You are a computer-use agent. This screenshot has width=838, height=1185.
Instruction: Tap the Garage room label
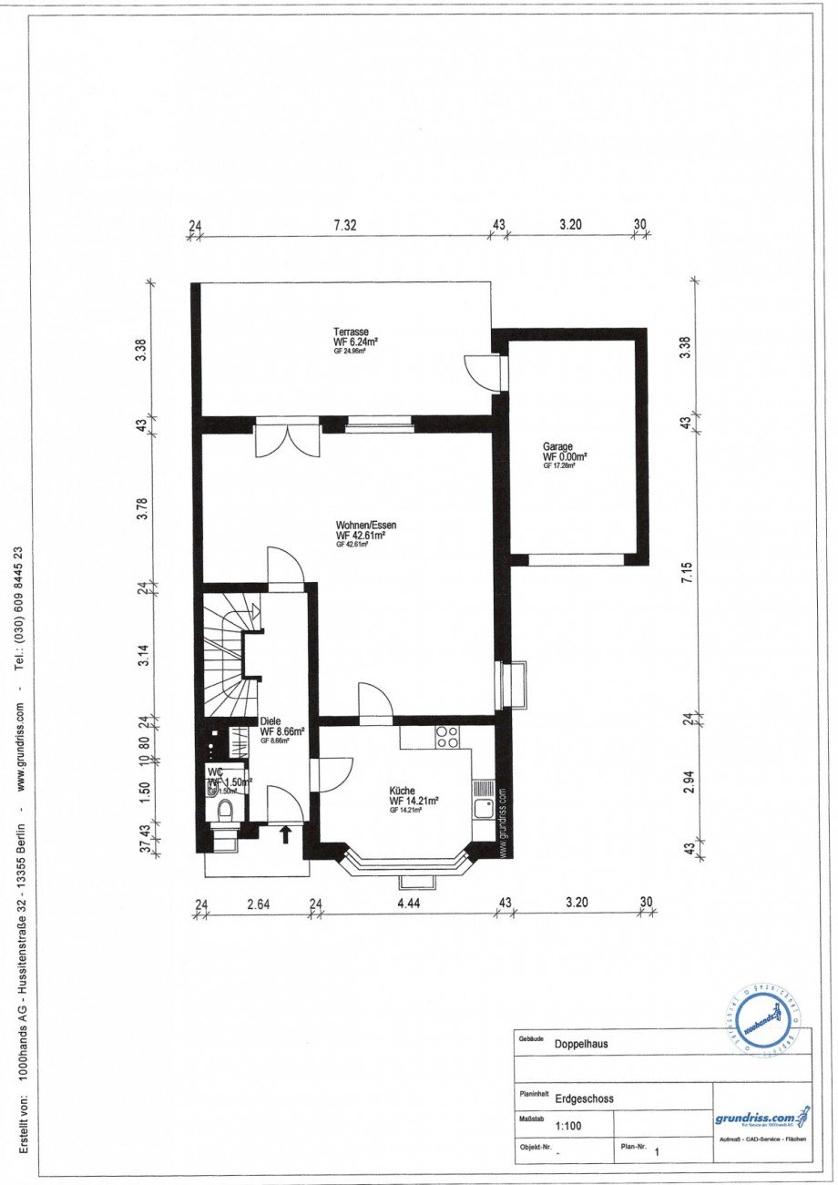(557, 447)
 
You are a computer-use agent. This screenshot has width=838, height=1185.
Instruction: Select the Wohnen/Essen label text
(366, 526)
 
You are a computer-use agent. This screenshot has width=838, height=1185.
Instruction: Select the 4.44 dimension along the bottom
(407, 904)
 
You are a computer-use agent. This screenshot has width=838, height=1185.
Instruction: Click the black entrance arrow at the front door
(285, 833)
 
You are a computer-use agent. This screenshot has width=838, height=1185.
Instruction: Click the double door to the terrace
(288, 440)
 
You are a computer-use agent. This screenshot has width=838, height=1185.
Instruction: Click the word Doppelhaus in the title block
(581, 1045)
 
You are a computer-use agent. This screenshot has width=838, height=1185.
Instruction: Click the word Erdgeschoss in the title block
(584, 1098)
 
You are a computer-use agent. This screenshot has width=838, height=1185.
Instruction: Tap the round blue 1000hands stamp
(761, 1021)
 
